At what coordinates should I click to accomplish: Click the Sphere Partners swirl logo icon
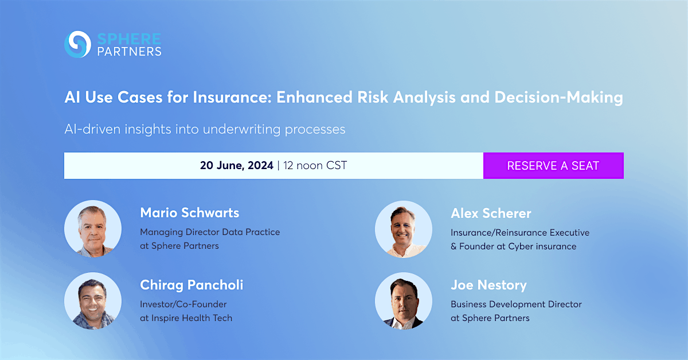(77, 44)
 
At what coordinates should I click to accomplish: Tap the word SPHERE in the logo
(129, 38)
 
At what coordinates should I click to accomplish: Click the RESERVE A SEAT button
(553, 166)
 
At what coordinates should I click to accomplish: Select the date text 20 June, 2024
(237, 166)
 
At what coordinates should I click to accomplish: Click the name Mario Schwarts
(189, 213)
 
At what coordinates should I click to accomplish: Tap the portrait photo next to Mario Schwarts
(93, 228)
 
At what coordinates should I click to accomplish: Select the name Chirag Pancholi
(191, 285)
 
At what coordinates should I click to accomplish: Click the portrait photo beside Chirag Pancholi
(93, 300)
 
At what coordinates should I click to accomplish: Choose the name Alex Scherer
(491, 213)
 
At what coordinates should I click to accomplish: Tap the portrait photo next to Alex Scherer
(404, 228)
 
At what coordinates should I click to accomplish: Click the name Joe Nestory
(488, 285)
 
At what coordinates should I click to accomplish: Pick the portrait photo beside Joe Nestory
(404, 300)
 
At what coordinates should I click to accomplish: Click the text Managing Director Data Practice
(210, 232)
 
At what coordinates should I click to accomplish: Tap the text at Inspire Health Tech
(186, 318)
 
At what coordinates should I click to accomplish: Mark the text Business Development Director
(516, 304)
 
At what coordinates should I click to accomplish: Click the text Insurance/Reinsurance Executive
(519, 232)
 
